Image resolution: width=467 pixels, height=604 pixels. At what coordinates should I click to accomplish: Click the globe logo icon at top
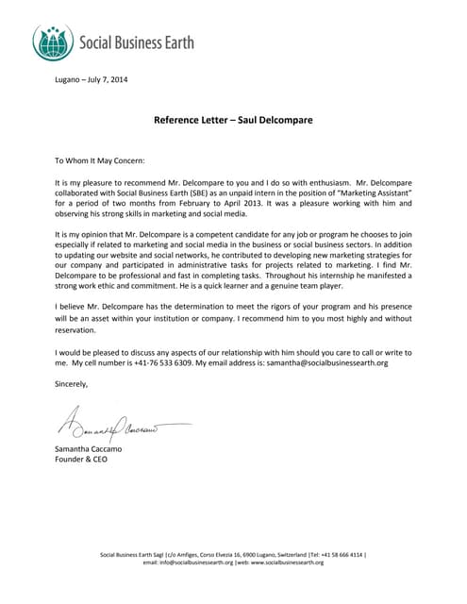coord(53,42)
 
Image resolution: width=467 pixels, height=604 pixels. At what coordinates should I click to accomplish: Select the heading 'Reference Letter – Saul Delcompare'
coord(233,120)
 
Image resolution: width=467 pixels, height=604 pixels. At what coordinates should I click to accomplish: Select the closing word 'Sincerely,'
coord(73,384)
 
